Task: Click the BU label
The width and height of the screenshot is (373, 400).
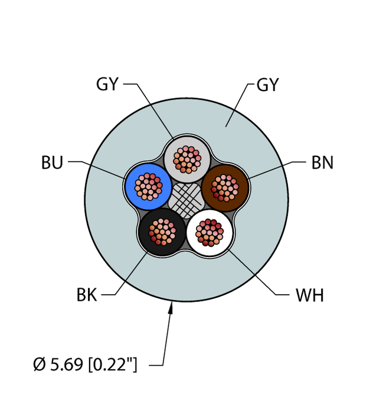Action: (52, 162)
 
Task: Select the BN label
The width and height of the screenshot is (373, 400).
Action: (322, 162)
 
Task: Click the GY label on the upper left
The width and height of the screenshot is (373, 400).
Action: (107, 85)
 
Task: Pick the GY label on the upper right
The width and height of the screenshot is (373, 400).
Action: (267, 85)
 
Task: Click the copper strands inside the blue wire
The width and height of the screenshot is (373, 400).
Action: (148, 186)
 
